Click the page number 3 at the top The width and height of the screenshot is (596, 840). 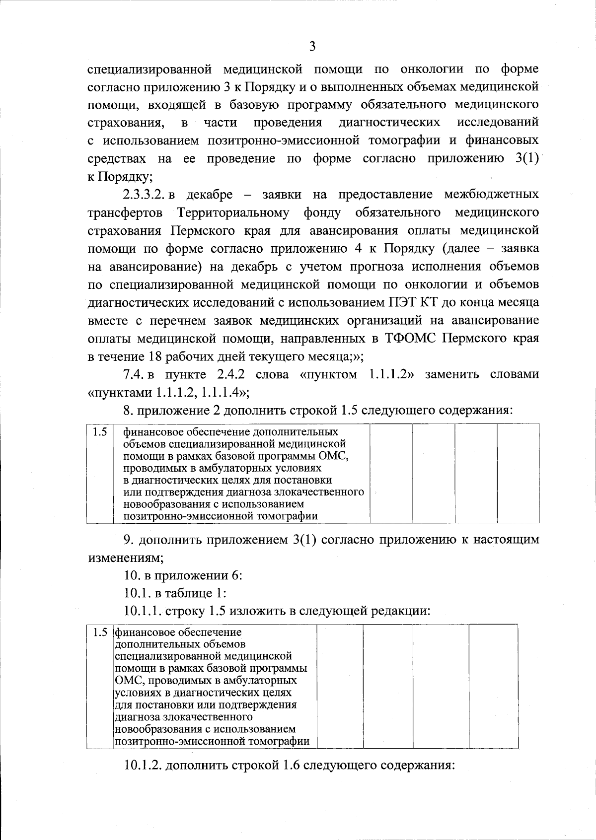click(x=312, y=47)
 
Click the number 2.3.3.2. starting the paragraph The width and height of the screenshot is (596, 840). click(x=144, y=195)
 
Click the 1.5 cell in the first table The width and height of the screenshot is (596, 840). click(x=100, y=432)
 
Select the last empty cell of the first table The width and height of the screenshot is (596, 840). click(x=518, y=474)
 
